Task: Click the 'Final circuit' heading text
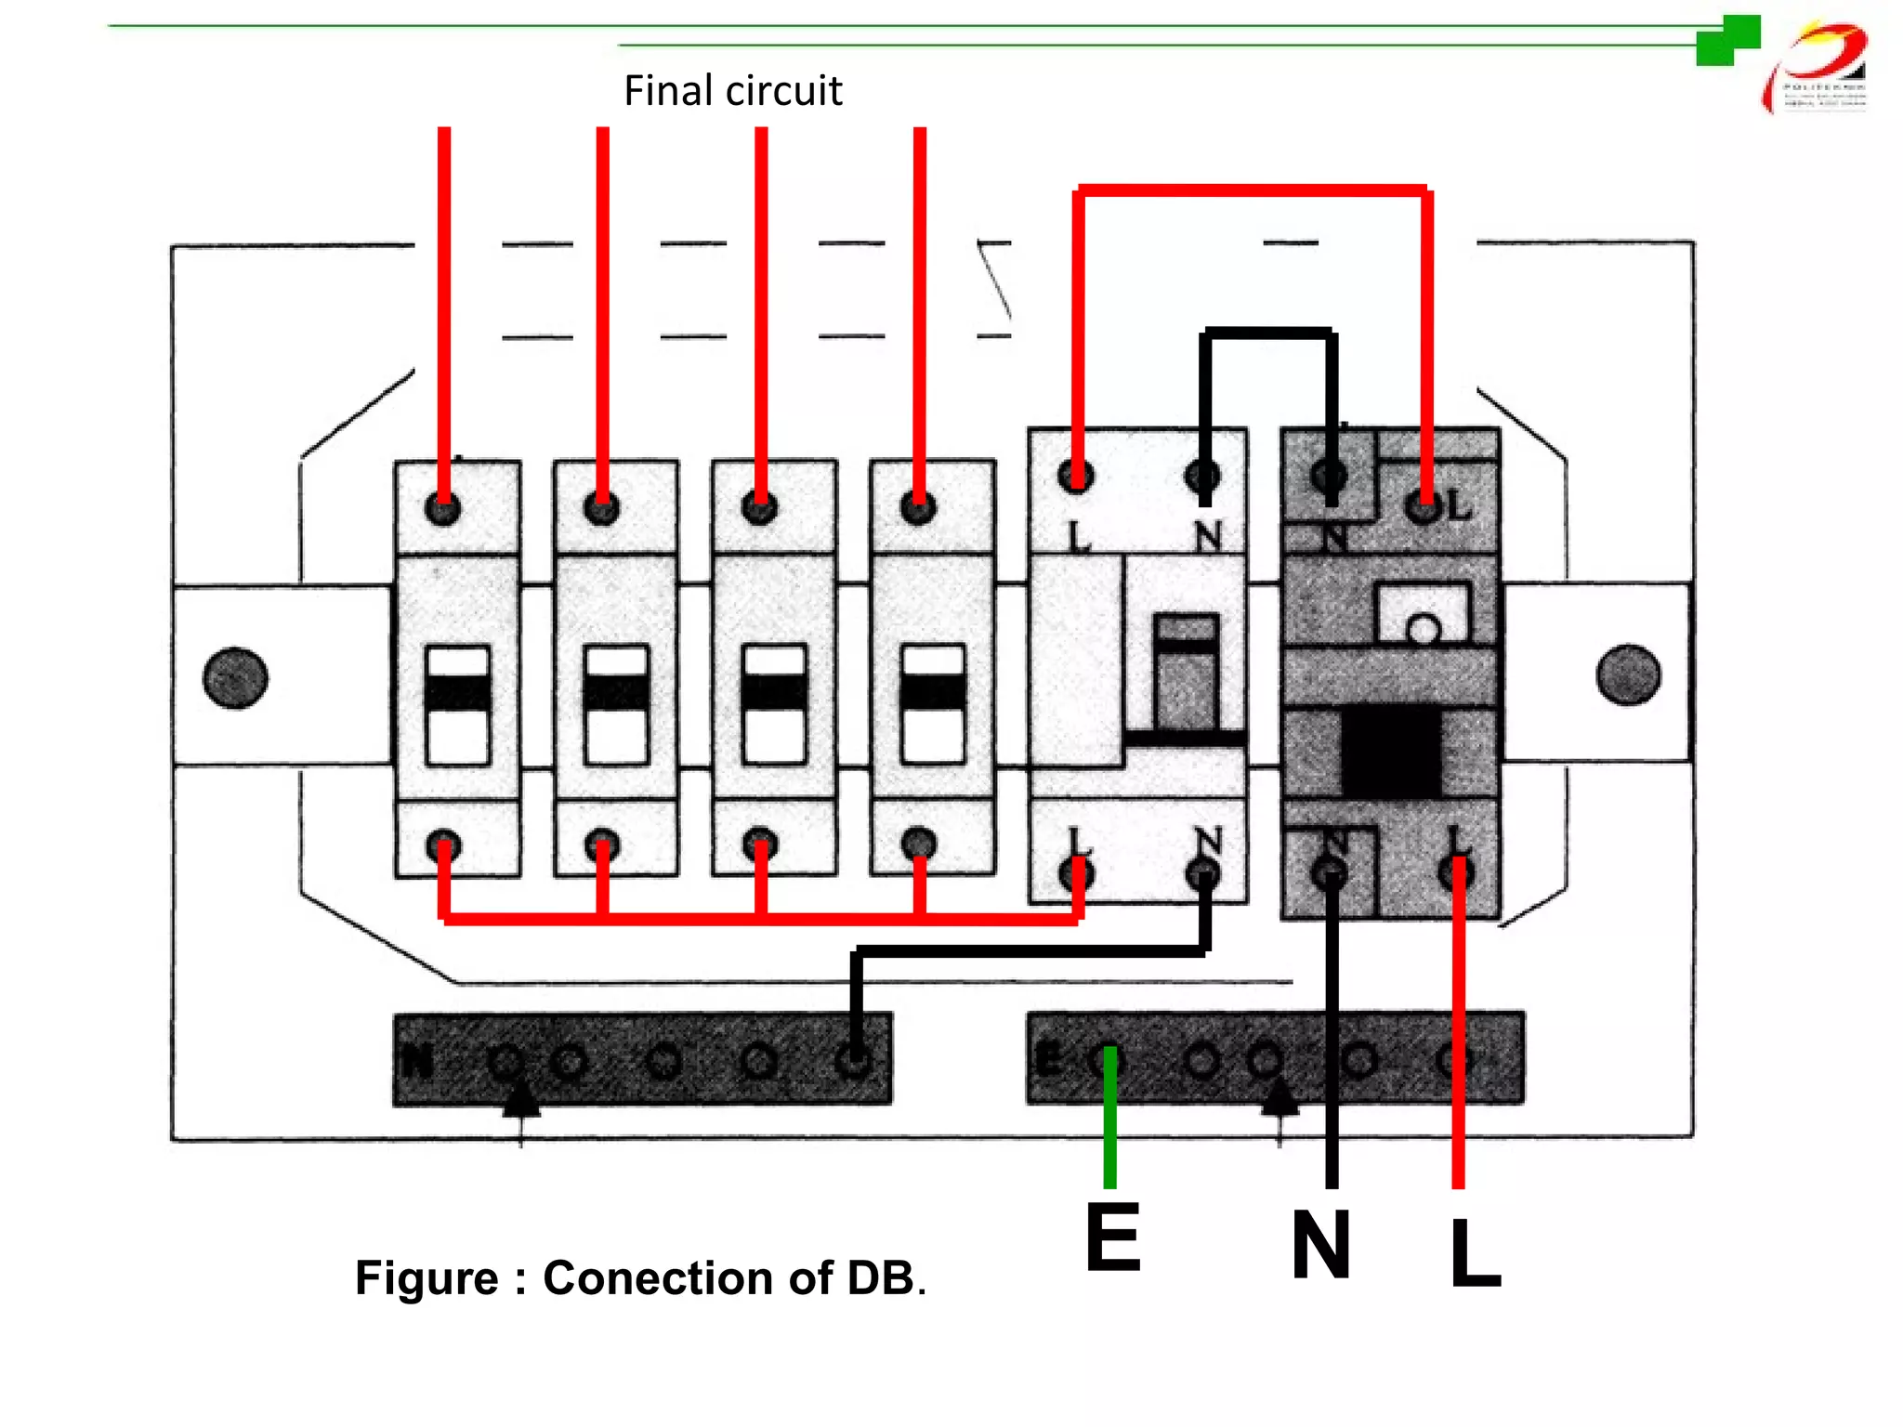coord(732,91)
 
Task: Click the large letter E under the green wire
coord(1112,1238)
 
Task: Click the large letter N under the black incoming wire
coord(1320,1245)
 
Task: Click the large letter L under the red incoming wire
coord(1475,1252)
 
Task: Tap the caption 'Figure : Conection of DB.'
coord(640,1277)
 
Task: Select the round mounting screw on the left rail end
coord(235,677)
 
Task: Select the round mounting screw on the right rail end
coord(1628,674)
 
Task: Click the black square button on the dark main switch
coord(1391,751)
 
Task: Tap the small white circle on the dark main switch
coord(1423,631)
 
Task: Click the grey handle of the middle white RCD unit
coord(1186,671)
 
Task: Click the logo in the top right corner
coord(1817,68)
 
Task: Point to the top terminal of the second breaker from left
coord(601,509)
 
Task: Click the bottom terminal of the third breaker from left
coord(759,844)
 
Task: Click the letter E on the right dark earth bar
coord(1047,1059)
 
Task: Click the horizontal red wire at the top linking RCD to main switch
coord(1252,190)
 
